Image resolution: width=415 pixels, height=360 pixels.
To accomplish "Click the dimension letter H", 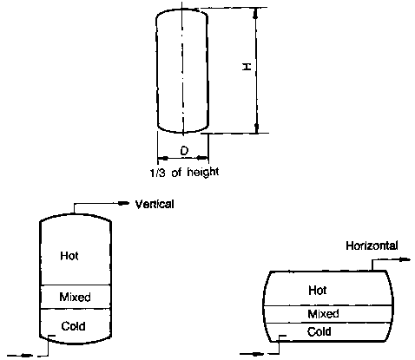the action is coord(247,67).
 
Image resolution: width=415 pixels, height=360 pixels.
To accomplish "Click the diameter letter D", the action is coord(184,151).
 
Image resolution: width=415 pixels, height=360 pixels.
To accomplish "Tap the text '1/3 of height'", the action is coord(184,173).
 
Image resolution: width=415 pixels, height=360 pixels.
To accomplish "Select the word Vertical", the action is coord(155,204).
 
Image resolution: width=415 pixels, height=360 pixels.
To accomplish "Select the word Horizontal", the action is coord(372,245).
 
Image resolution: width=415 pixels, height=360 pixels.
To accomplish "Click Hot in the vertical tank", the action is coord(69,256).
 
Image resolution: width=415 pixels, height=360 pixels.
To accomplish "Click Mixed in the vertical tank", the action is coord(75,297).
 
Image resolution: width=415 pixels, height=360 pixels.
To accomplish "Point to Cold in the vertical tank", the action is coord(73,326).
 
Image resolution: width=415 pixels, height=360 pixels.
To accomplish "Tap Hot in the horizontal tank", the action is coord(318,290).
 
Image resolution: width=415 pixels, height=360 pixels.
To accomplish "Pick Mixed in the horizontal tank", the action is coord(323,314).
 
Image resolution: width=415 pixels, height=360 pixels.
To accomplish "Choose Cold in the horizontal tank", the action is coord(319,331).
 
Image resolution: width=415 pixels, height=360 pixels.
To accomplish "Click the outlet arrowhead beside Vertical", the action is coord(123,203).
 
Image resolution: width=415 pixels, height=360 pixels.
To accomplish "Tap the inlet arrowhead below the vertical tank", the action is coord(26,355).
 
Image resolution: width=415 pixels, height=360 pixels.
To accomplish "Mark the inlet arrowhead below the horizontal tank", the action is coord(258,353).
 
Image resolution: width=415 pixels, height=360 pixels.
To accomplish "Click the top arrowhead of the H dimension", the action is coord(255,13).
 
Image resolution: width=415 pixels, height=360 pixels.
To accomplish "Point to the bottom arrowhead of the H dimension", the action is coord(257,128).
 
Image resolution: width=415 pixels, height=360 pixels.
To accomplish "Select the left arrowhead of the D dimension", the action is coord(163,158).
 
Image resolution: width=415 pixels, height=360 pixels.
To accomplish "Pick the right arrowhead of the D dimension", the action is coord(202,158).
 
